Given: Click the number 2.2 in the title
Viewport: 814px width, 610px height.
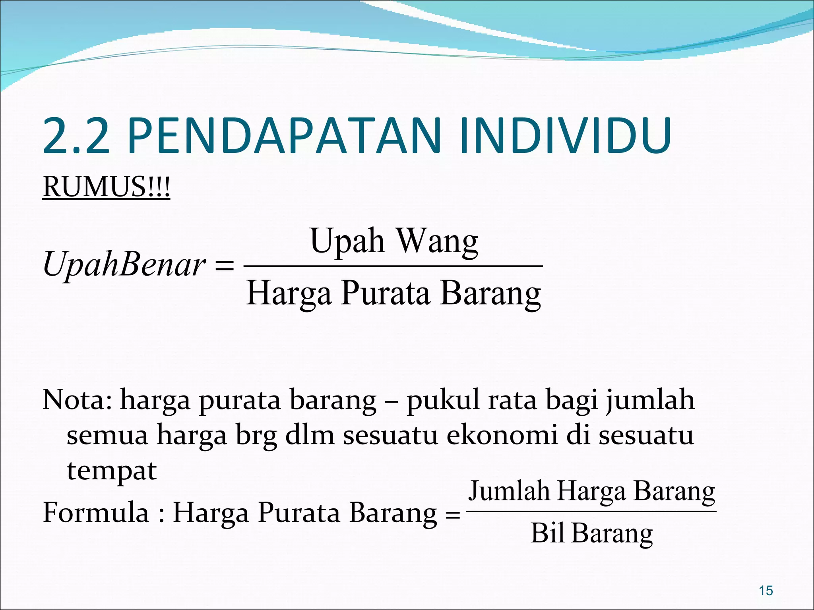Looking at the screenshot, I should (x=76, y=136).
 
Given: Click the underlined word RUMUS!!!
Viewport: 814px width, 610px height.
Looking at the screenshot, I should (x=106, y=187).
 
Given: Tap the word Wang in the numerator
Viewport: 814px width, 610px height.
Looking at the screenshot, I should (x=438, y=241).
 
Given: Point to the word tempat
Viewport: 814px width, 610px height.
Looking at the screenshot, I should (x=112, y=471).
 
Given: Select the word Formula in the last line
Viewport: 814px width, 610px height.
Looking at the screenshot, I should (x=95, y=512).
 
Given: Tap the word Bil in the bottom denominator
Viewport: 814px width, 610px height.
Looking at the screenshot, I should (x=547, y=533).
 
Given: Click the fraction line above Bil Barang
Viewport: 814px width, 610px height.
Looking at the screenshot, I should (x=591, y=512).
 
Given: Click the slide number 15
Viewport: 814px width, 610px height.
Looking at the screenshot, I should (x=766, y=591).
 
